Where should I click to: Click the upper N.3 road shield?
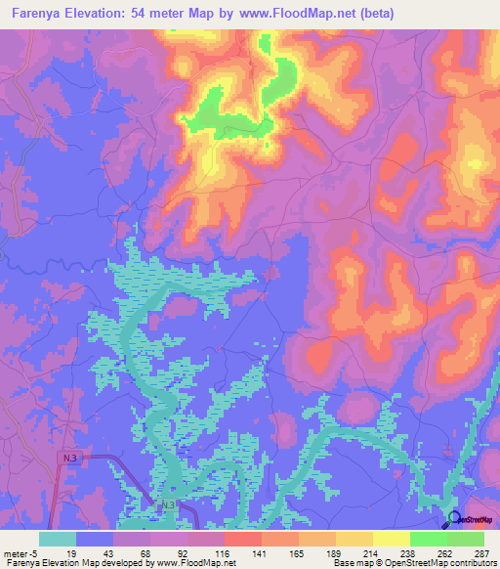67,457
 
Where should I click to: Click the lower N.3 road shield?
168,504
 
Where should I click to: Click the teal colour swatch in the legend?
58,539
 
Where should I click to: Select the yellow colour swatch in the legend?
392,539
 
